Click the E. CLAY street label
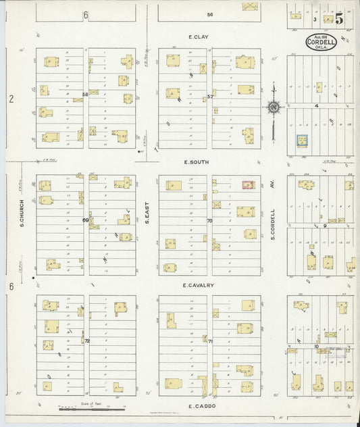pos(198,38)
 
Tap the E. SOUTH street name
pos(198,162)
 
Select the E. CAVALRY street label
pos(198,285)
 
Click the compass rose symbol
pos(273,106)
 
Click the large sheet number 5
pos(339,18)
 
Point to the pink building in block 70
pos(247,184)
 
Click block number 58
pos(85,94)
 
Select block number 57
pos(210,97)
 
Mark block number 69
pos(86,220)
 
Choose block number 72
pos(86,341)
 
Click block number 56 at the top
pos(210,14)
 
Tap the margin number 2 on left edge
pos(11,99)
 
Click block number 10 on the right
pos(316,346)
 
